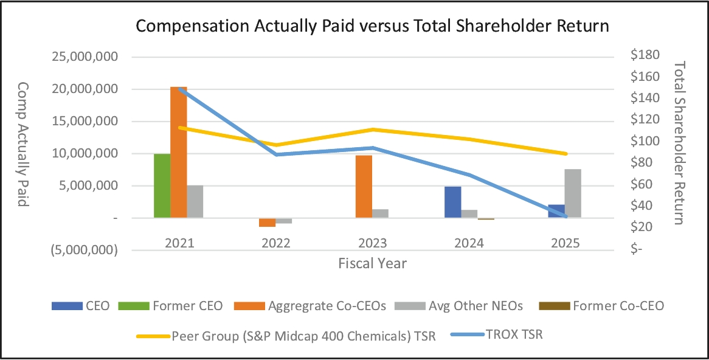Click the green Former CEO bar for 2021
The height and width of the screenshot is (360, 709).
click(x=162, y=185)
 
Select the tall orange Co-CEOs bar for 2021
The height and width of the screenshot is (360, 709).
click(x=178, y=152)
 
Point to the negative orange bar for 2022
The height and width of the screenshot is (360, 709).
click(x=267, y=222)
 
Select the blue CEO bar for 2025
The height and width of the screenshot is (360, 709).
click(x=556, y=211)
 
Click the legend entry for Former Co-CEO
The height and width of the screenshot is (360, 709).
click(x=617, y=306)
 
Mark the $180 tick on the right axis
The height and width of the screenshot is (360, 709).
click(x=645, y=55)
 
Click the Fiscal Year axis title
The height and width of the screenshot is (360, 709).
click(x=373, y=263)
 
